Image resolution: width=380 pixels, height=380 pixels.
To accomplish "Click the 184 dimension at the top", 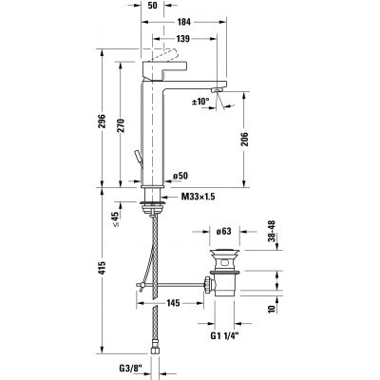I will pos(184,21).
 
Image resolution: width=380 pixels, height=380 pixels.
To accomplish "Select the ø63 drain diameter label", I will pos(224,231).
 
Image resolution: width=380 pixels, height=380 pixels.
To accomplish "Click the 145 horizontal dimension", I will pos(172,303).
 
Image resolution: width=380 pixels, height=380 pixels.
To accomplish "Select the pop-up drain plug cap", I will pos(223,252).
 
